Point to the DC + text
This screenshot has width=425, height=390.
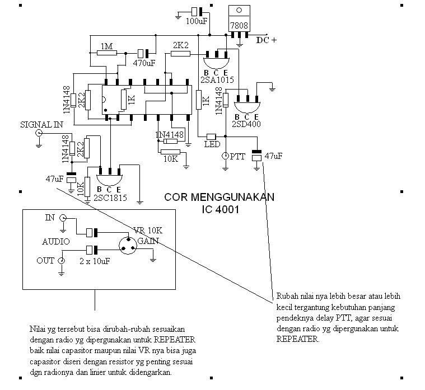[267, 40]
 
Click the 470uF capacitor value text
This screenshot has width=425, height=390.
[144, 63]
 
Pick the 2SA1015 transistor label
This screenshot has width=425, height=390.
[217, 80]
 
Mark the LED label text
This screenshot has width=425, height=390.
[211, 145]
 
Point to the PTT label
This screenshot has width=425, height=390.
[238, 157]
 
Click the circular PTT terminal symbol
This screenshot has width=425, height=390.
[225, 156]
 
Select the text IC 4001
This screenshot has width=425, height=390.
[221, 210]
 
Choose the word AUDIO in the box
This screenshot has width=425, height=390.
[56, 242]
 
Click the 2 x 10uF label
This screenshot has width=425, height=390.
[95, 261]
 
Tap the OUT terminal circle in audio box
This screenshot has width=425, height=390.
[62, 261]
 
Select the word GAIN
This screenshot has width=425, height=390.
[148, 241]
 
